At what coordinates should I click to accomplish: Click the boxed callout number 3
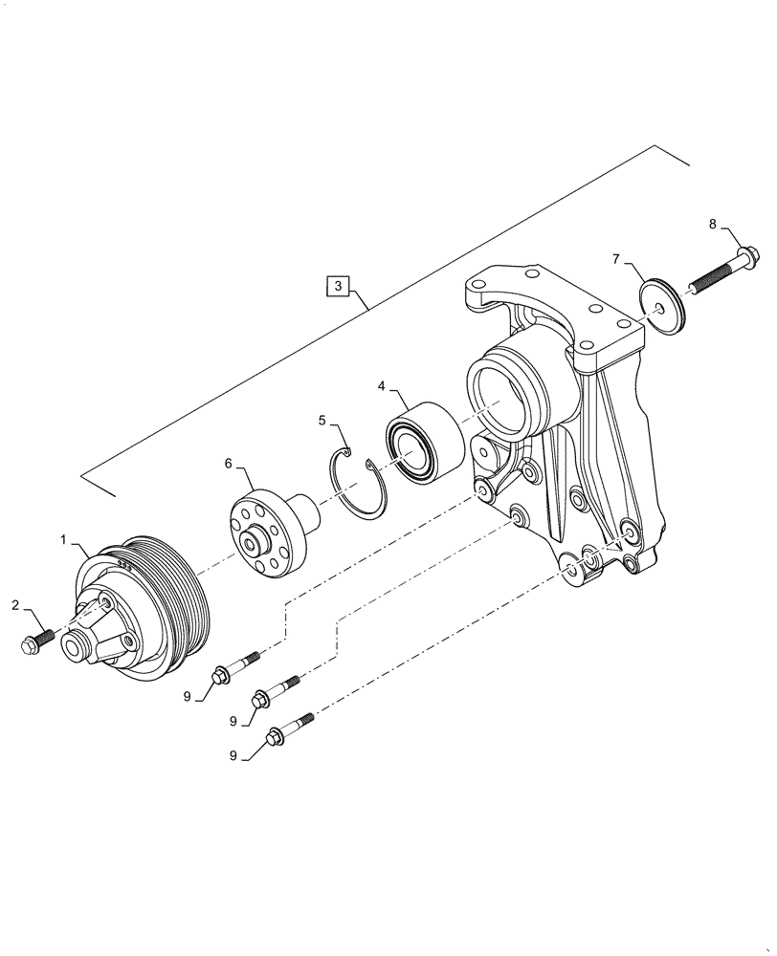coord(338,285)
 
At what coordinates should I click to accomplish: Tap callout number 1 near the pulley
coord(63,540)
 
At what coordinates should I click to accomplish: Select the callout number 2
coord(15,604)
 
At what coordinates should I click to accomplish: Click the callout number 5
coord(323,419)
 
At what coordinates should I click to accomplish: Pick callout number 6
coord(229,463)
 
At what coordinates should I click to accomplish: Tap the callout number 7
coord(617,258)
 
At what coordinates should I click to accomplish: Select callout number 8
coord(712,224)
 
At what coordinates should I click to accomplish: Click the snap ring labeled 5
coord(358,486)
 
